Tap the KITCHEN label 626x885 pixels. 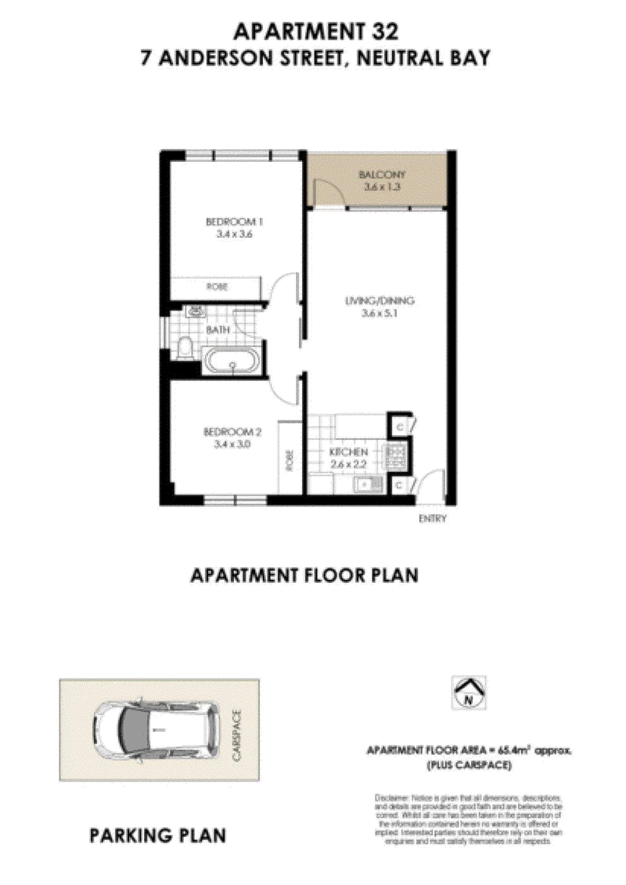348,453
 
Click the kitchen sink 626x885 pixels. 365,486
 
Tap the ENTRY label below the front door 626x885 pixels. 433,518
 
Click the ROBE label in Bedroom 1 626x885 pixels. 217,287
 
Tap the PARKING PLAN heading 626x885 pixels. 158,836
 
